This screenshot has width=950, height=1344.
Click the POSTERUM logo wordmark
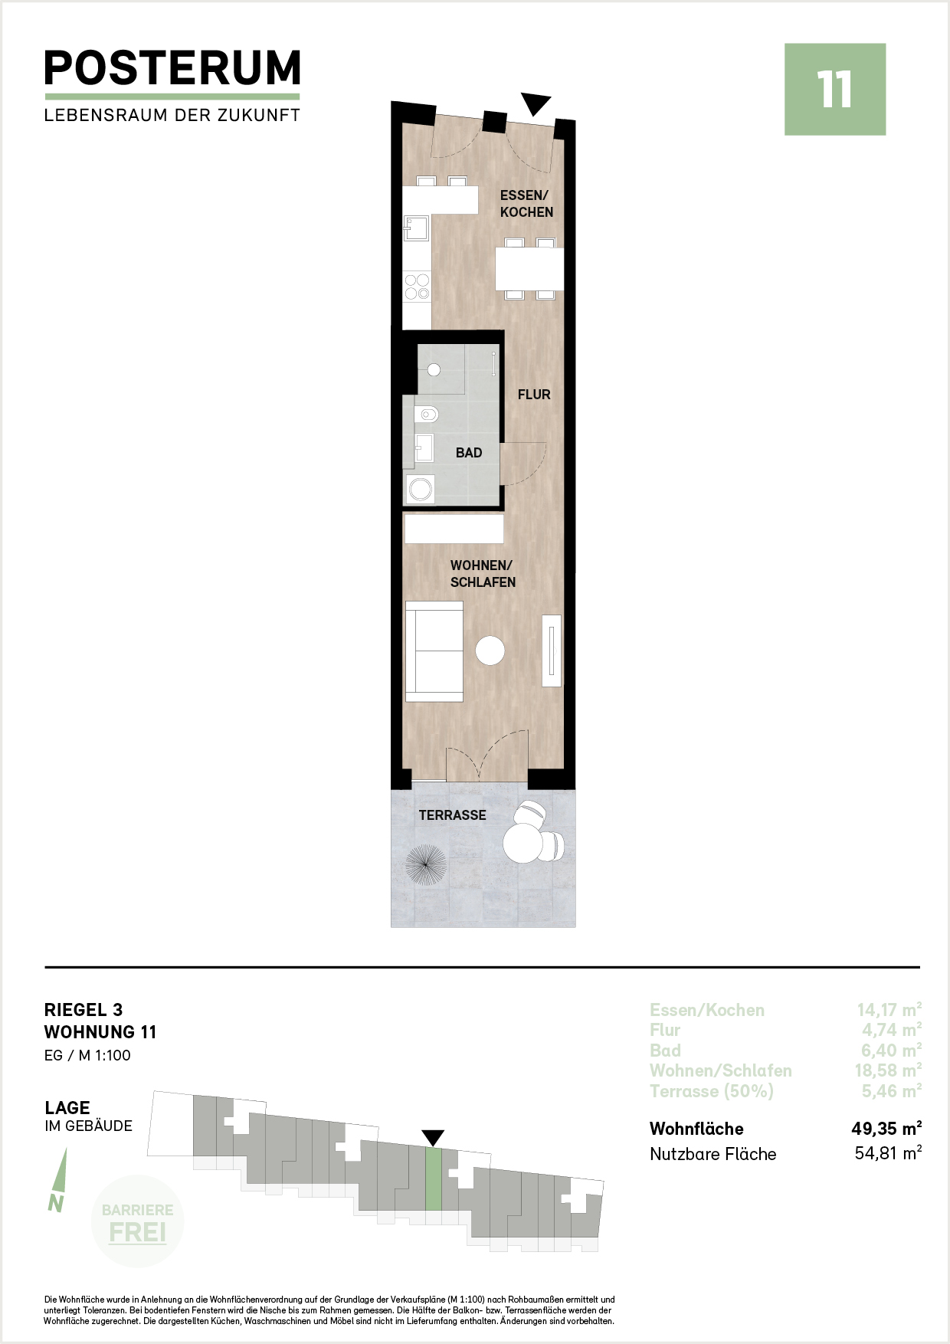[172, 68]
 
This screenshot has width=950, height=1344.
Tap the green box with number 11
[835, 90]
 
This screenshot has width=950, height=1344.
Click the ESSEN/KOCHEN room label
[526, 204]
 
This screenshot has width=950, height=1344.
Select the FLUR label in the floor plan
[534, 395]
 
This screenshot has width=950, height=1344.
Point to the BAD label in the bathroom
[469, 453]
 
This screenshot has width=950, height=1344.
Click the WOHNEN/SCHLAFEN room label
[483, 574]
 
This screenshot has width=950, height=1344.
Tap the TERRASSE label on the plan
[452, 815]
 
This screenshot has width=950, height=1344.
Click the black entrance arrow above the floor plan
[536, 103]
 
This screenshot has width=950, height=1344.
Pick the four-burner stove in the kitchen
[418, 287]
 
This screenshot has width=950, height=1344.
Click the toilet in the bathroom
[426, 415]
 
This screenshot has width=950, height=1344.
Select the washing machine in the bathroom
[421, 489]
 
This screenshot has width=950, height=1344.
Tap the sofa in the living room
[434, 651]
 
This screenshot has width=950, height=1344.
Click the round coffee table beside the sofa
[490, 651]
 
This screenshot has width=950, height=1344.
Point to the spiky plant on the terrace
[425, 864]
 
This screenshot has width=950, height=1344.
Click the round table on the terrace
[522, 844]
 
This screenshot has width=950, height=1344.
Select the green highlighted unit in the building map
[434, 1178]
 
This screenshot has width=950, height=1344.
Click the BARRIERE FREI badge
[137, 1221]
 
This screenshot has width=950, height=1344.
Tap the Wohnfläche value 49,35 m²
[886, 1129]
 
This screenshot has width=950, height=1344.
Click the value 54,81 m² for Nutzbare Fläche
[888, 1153]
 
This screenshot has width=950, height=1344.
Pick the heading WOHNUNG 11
[100, 1032]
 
